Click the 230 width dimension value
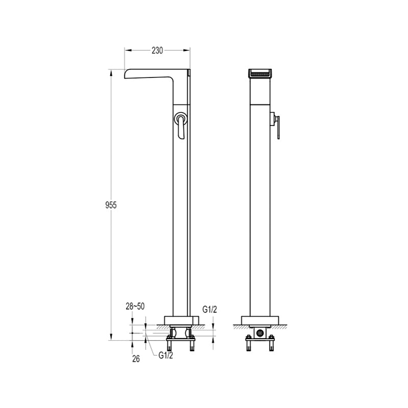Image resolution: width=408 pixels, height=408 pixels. click(x=157, y=50)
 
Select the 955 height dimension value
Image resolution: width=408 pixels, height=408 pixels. click(x=111, y=205)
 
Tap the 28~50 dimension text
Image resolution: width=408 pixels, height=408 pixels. click(x=135, y=307)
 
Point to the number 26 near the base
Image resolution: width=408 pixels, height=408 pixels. click(x=136, y=359)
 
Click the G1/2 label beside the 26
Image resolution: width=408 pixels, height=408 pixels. click(x=166, y=355)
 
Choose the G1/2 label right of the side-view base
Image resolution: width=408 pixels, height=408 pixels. click(x=210, y=310)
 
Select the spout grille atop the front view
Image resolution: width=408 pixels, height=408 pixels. click(x=260, y=74)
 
